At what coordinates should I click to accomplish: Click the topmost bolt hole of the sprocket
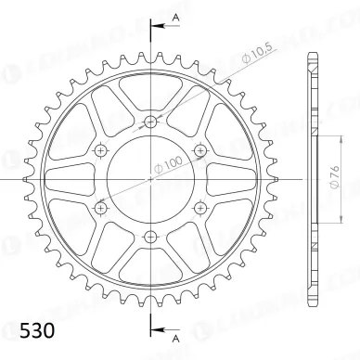150,121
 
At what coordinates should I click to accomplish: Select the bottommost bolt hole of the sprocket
150,236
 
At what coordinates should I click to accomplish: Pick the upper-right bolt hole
200,149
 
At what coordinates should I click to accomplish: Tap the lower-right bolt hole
200,207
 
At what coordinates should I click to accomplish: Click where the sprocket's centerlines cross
150,178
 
